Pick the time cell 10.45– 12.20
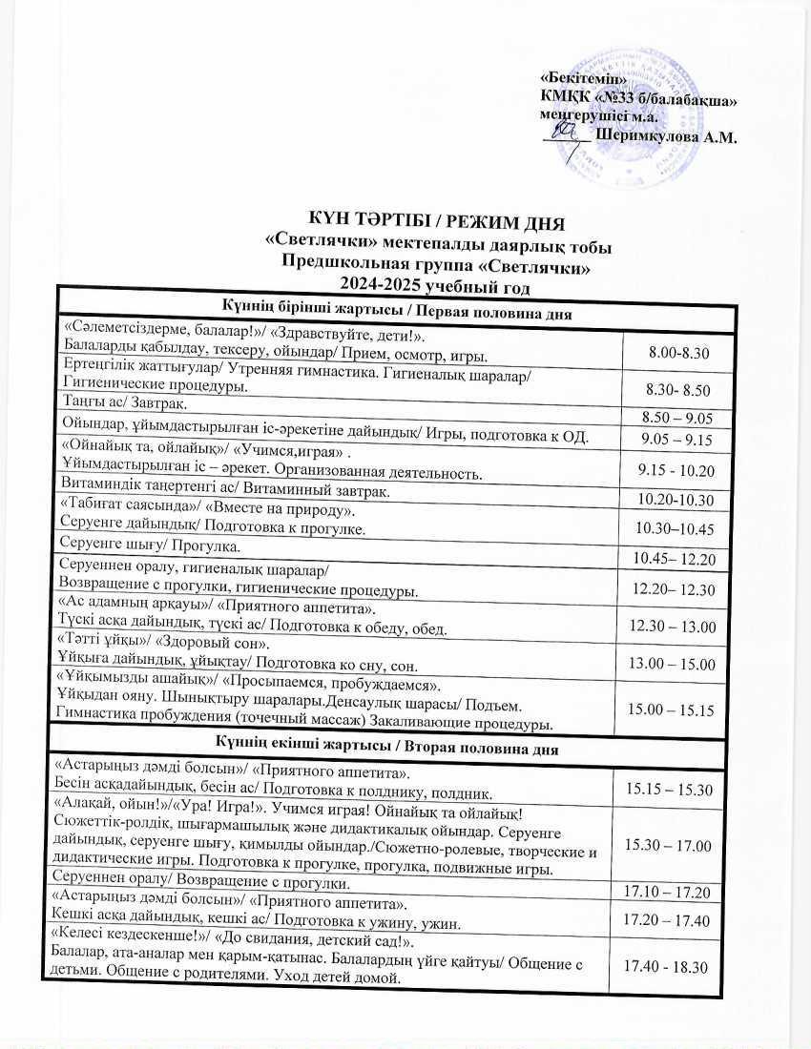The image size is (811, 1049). pyautogui.click(x=675, y=557)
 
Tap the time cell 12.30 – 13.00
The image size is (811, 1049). pyautogui.click(x=676, y=626)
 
